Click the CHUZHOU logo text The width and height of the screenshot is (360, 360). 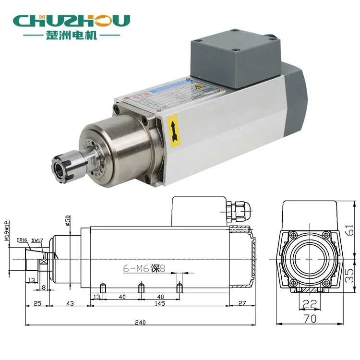(x=72, y=20)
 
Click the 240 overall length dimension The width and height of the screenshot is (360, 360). (x=140, y=323)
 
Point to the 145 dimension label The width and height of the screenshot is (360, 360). (x=160, y=303)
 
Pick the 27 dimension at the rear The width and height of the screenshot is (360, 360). (x=242, y=303)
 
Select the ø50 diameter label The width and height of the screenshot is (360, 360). (x=68, y=220)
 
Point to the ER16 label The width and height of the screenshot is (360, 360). (x=22, y=240)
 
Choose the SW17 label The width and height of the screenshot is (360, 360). (x=37, y=240)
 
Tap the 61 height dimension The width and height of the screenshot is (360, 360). (x=351, y=231)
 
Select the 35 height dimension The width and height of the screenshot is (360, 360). (x=351, y=275)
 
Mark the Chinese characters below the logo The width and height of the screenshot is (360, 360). (x=72, y=36)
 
